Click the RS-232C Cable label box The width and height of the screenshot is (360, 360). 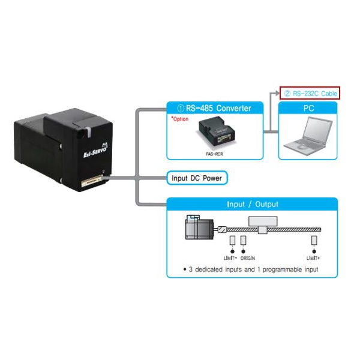(x=310, y=93)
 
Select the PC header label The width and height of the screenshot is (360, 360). (x=308, y=109)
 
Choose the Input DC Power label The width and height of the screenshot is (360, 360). (x=199, y=178)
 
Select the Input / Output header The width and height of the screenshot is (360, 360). (x=252, y=204)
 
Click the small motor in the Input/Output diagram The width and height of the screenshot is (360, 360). (x=200, y=228)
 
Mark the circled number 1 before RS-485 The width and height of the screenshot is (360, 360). (x=180, y=109)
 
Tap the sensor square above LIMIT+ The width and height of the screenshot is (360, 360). (x=314, y=239)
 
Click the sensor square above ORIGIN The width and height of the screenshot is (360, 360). (x=244, y=239)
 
